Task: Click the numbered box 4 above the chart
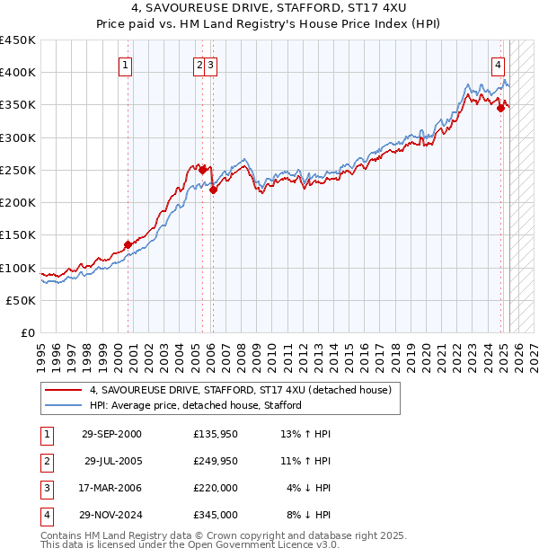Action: pyautogui.click(x=498, y=64)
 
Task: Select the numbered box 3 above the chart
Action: pyautogui.click(x=209, y=64)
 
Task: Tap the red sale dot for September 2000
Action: pyautogui.click(x=128, y=244)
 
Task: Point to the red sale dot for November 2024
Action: pyautogui.click(x=501, y=107)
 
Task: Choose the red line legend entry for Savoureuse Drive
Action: pyautogui.click(x=240, y=391)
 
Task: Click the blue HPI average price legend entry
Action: pyautogui.click(x=195, y=406)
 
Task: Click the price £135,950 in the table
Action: pyautogui.click(x=216, y=434)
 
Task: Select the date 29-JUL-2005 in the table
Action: pyautogui.click(x=113, y=461)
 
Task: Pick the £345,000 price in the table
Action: pyautogui.click(x=216, y=515)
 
